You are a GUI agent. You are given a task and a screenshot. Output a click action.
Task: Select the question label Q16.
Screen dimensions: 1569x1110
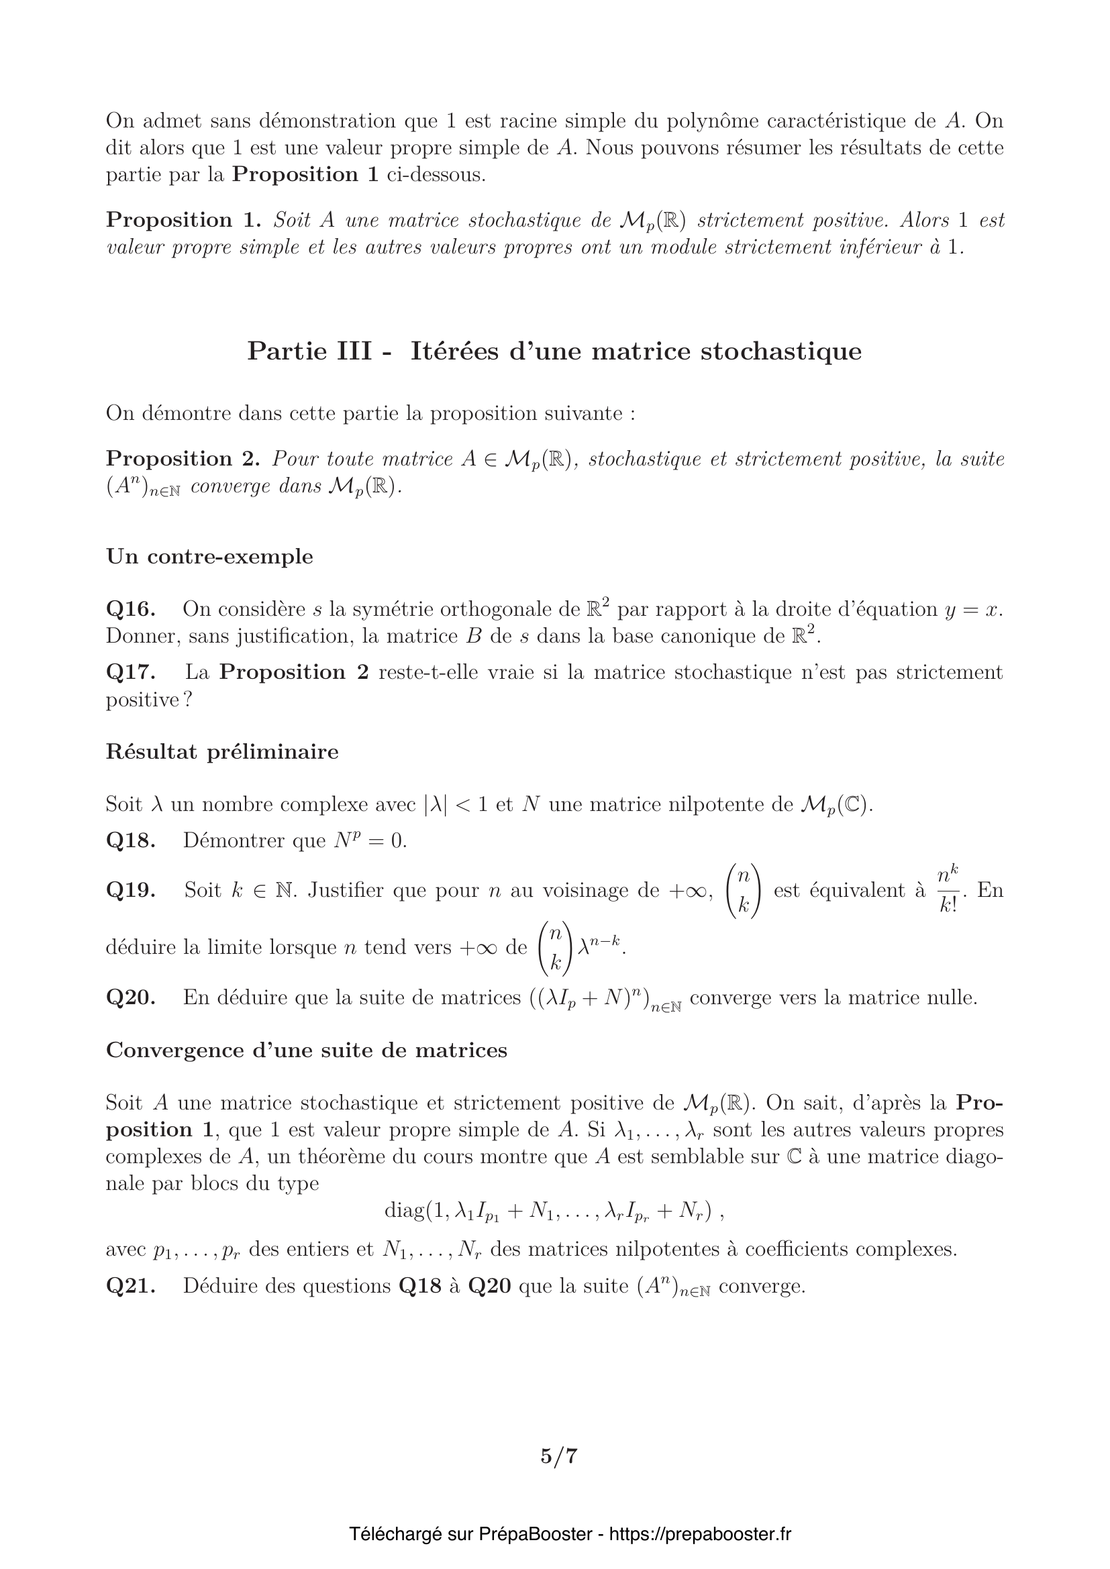tap(130, 609)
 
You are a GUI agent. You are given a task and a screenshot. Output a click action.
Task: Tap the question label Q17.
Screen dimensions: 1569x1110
tap(130, 672)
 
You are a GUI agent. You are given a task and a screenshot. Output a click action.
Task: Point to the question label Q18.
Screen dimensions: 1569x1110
tap(130, 841)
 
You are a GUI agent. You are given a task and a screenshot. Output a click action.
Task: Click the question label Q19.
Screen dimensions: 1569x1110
tap(130, 890)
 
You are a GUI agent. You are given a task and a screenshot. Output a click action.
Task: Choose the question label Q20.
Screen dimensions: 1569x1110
tap(130, 997)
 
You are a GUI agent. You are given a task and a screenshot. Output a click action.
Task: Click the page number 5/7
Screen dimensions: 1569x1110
tap(558, 1456)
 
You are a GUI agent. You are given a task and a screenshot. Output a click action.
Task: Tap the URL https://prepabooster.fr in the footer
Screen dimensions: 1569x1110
tap(699, 1534)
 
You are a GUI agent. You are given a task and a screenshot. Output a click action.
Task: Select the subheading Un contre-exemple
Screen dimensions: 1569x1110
tap(209, 557)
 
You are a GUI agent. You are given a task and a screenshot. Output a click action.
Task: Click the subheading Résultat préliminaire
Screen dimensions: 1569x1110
tap(222, 752)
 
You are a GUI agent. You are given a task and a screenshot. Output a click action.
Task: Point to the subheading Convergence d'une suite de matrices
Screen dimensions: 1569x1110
tap(306, 1050)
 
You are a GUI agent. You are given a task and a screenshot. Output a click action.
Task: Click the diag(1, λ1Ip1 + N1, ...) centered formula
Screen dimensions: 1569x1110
tap(554, 1211)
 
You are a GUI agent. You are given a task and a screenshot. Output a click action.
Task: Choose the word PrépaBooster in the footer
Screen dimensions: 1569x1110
tap(535, 1534)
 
